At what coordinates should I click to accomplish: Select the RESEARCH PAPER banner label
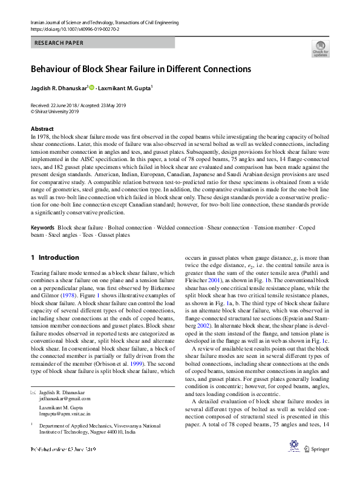(59, 43)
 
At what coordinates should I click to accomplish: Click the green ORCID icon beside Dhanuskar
(92, 88)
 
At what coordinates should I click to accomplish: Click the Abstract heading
(42, 129)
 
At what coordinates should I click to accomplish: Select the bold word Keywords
(42, 227)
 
